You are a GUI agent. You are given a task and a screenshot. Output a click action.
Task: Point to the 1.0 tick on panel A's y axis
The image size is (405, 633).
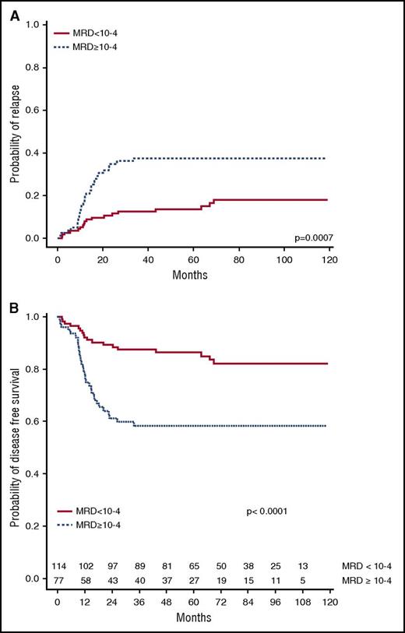tap(33, 26)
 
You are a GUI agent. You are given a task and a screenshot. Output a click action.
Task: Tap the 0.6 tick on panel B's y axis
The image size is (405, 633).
tap(33, 421)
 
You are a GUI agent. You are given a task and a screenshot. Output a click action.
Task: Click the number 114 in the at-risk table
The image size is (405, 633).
tap(58, 564)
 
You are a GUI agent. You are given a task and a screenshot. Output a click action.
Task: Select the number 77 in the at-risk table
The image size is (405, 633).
tap(58, 580)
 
